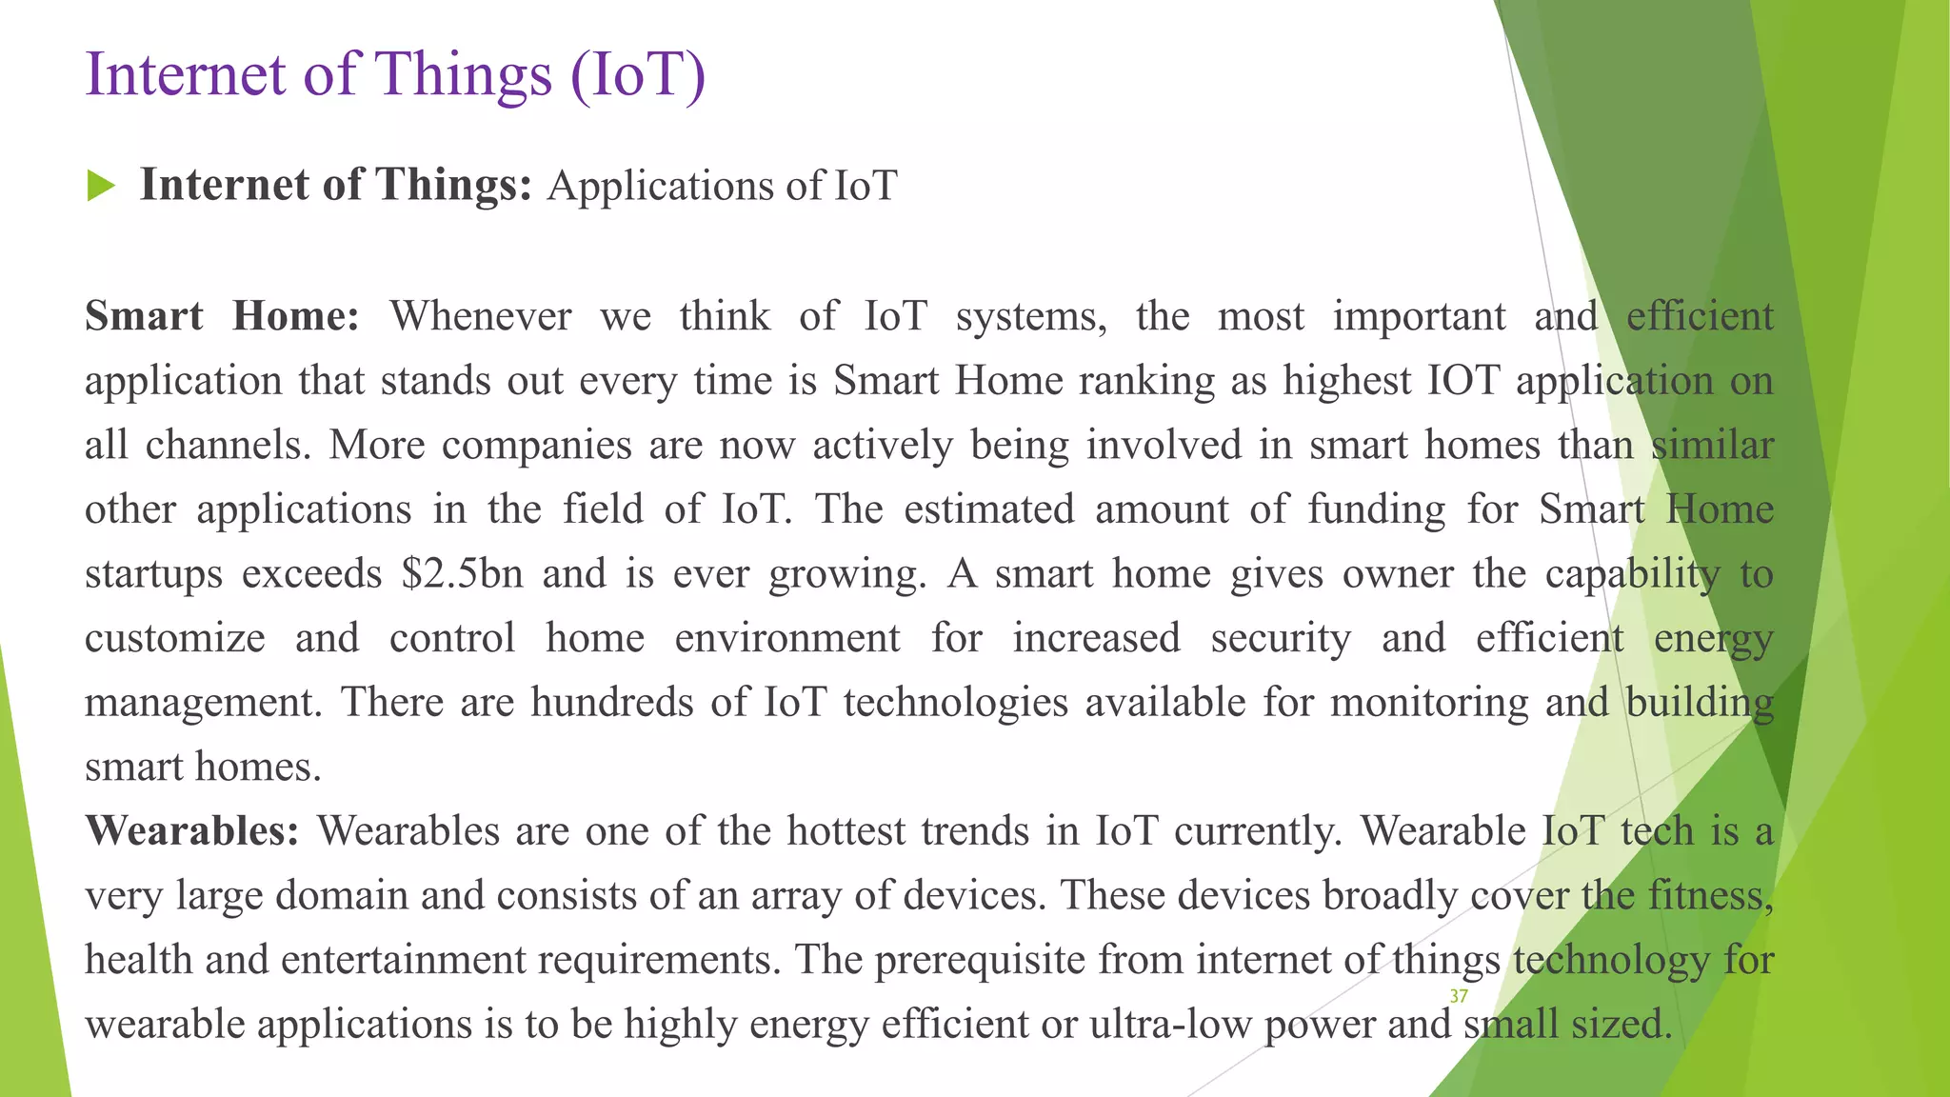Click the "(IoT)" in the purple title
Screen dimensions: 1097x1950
[638, 74]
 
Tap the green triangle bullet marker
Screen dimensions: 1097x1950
[100, 186]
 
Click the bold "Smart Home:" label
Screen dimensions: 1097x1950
[222, 316]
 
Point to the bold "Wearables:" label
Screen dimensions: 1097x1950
[192, 830]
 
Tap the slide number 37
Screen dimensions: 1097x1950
[1459, 996]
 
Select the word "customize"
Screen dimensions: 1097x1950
[175, 638]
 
